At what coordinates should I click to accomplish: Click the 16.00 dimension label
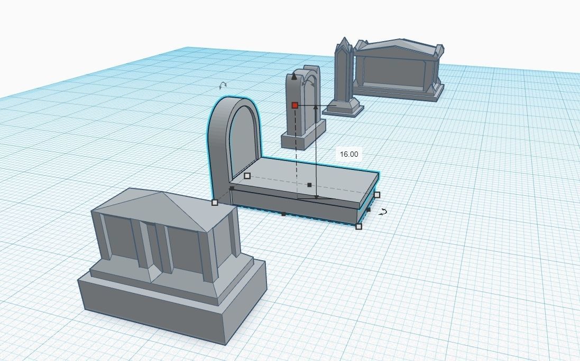[349, 154]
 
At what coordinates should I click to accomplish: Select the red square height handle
[295, 106]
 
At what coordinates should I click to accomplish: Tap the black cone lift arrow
[294, 77]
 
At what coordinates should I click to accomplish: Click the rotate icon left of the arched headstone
[223, 85]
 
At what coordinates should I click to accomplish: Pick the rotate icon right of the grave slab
[383, 212]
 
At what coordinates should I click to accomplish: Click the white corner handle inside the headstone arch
[247, 176]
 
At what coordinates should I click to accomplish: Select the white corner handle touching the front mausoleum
[215, 202]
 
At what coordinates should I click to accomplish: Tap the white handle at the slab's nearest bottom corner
[358, 226]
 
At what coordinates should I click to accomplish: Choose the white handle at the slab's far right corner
[377, 195]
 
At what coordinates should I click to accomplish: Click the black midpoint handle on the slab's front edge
[284, 214]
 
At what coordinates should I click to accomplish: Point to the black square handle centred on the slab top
[309, 185]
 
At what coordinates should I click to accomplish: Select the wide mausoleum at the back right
[397, 69]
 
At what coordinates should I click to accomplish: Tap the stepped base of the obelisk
[344, 108]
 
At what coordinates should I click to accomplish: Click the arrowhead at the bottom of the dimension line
[316, 197]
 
